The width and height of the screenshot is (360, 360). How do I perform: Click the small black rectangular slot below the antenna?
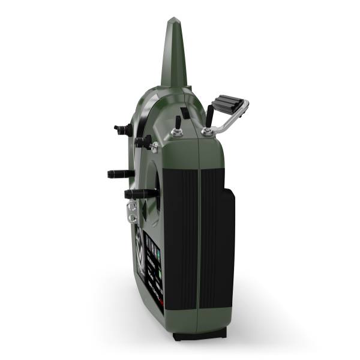click(x=186, y=112)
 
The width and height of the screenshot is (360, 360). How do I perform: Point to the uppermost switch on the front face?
click(x=122, y=128)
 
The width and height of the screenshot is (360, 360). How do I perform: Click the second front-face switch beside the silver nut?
click(x=143, y=141)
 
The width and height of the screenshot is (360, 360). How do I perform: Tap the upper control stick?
click(x=119, y=173)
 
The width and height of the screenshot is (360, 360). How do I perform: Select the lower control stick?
click(x=140, y=193)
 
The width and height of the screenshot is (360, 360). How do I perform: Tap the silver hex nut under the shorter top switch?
click(x=178, y=134)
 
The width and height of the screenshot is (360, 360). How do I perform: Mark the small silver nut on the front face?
click(x=154, y=145)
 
